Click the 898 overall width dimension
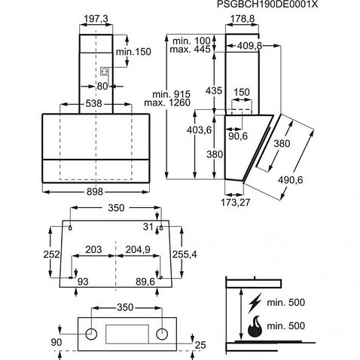(x=93, y=193)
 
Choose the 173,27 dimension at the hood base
(x=236, y=203)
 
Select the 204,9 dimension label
(x=137, y=249)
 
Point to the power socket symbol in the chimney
(x=105, y=72)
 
